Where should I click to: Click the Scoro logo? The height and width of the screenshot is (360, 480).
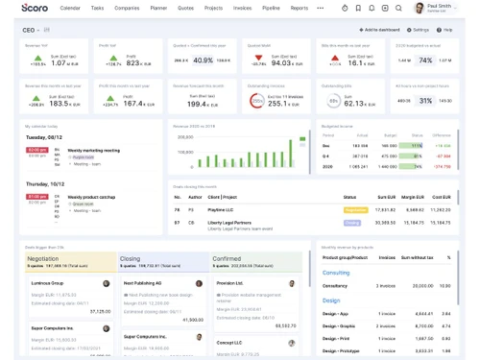pyautogui.click(x=35, y=8)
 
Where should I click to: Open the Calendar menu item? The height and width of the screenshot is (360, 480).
pyautogui.click(x=70, y=8)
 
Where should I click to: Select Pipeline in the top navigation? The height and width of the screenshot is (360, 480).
pyautogui.click(x=272, y=8)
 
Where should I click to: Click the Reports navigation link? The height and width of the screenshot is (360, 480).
pyautogui.click(x=300, y=8)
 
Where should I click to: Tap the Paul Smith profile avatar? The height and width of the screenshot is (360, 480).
pyautogui.click(x=420, y=8)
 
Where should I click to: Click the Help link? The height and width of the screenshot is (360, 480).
pyautogui.click(x=446, y=30)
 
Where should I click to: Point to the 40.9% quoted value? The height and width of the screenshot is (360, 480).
pyautogui.click(x=203, y=60)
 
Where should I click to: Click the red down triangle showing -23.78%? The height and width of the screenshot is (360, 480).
pyautogui.click(x=259, y=60)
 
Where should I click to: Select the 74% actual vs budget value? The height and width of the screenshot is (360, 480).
pyautogui.click(x=425, y=60)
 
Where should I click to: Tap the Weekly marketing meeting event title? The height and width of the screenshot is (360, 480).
pyautogui.click(x=94, y=150)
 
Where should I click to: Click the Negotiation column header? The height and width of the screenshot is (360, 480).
pyautogui.click(x=43, y=258)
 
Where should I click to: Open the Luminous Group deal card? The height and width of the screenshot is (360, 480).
pyautogui.click(x=47, y=283)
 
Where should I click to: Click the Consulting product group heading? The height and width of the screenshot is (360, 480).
pyautogui.click(x=336, y=273)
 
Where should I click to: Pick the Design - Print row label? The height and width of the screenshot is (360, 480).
pyautogui.click(x=338, y=337)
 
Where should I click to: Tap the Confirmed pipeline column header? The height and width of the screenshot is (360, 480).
pyautogui.click(x=228, y=258)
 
